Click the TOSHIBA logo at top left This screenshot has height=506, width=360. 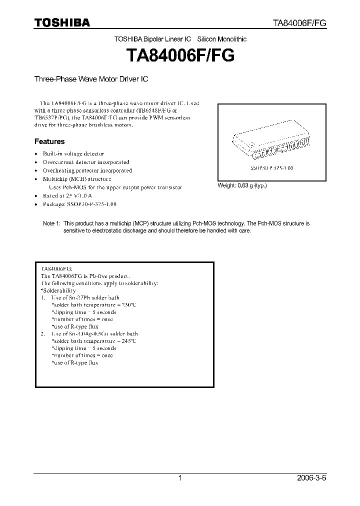(x=62, y=22)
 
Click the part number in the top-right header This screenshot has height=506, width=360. (x=299, y=23)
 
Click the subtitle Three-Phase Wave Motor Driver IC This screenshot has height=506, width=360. (x=91, y=79)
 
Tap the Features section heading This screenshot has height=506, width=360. (x=49, y=141)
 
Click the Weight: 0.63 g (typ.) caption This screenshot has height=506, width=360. (x=242, y=185)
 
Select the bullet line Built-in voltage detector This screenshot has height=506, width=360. (x=73, y=154)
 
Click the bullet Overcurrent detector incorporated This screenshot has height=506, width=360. (x=85, y=162)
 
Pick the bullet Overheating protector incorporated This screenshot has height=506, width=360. (x=87, y=170)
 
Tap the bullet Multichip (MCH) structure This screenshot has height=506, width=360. (x=76, y=178)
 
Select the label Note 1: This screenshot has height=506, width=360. (x=51, y=223)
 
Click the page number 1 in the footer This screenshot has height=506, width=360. (x=180, y=478)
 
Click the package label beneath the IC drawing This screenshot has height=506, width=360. (x=271, y=168)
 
